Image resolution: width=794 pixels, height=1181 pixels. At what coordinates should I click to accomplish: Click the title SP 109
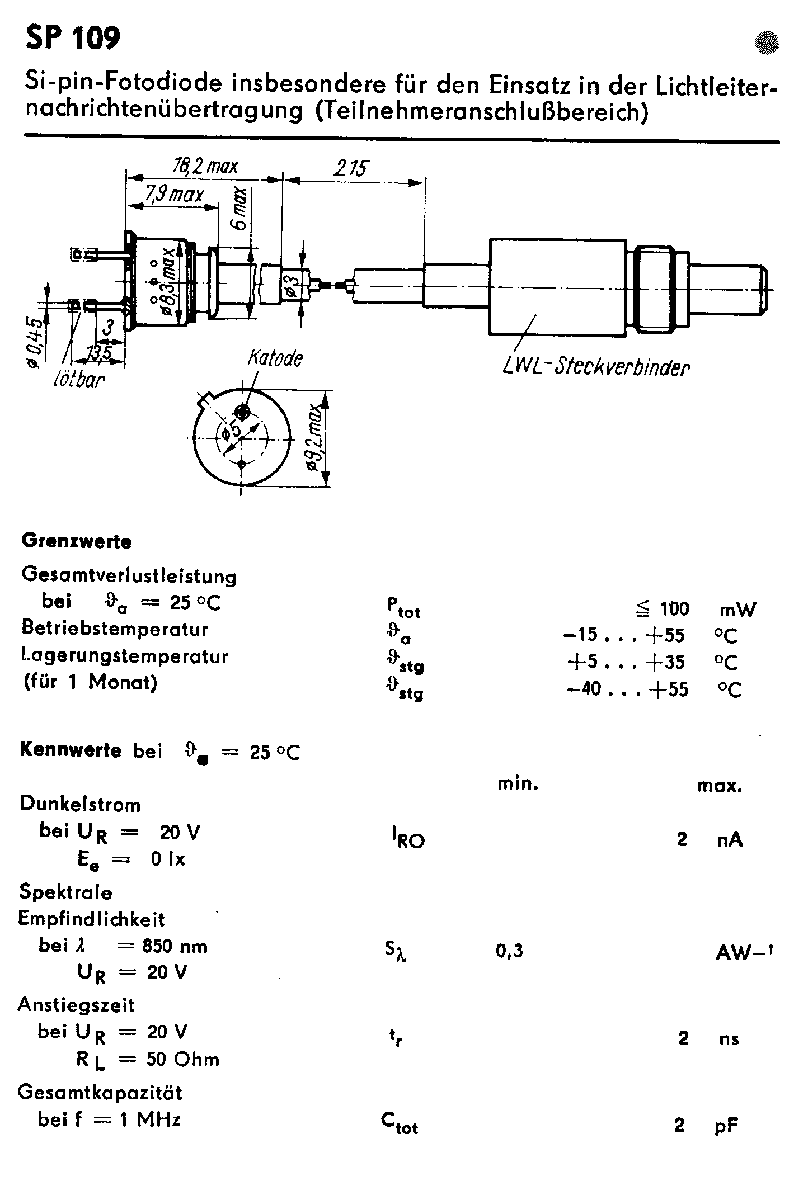point(72,38)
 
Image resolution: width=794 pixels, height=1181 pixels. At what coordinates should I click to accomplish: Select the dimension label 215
point(351,168)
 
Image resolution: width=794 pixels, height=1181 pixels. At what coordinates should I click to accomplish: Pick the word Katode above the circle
point(275,358)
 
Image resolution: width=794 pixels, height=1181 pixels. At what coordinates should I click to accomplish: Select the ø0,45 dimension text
point(35,342)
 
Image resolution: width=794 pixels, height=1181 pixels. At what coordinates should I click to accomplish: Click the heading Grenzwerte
point(76,541)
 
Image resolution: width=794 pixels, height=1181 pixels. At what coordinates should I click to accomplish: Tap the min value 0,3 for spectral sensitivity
point(509,951)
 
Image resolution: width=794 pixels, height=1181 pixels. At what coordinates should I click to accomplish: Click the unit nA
point(729,839)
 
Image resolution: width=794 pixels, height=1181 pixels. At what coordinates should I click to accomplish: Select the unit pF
point(726,1125)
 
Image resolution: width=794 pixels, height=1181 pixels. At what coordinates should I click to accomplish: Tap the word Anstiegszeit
point(76,1005)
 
